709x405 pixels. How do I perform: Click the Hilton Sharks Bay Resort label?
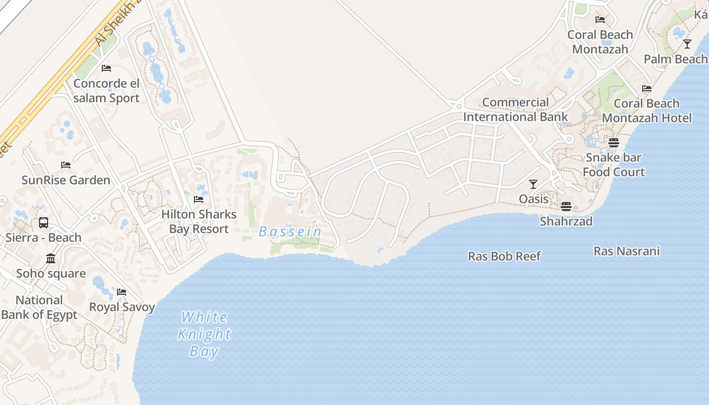coord(199,222)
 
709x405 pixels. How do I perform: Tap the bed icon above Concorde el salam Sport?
coord(106,68)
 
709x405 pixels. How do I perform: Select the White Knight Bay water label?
coord(205,334)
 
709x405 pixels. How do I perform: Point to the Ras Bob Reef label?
coord(504,256)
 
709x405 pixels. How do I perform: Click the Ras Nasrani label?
coord(626,251)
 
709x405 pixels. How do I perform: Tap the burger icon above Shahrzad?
coord(566,207)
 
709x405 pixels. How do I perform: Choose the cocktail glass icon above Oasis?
coord(533,184)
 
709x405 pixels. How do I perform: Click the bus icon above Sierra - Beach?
coord(44,223)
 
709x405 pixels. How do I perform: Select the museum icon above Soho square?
coord(51,259)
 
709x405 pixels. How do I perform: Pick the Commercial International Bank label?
coord(516,109)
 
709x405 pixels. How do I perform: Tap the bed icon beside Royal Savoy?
coord(122,292)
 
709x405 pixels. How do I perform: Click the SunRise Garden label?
coord(66,180)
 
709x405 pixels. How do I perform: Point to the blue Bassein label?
coord(290,232)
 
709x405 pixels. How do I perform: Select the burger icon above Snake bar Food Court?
coord(614,143)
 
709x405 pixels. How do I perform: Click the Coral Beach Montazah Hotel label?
coord(647,111)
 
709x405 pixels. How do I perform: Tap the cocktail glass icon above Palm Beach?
coord(687,44)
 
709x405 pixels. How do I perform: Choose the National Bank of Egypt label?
coord(39,307)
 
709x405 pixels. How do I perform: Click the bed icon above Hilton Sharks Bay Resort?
coord(199,199)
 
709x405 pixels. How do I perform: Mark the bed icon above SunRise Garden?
coord(66,165)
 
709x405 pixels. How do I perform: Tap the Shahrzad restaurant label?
coord(566,221)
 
